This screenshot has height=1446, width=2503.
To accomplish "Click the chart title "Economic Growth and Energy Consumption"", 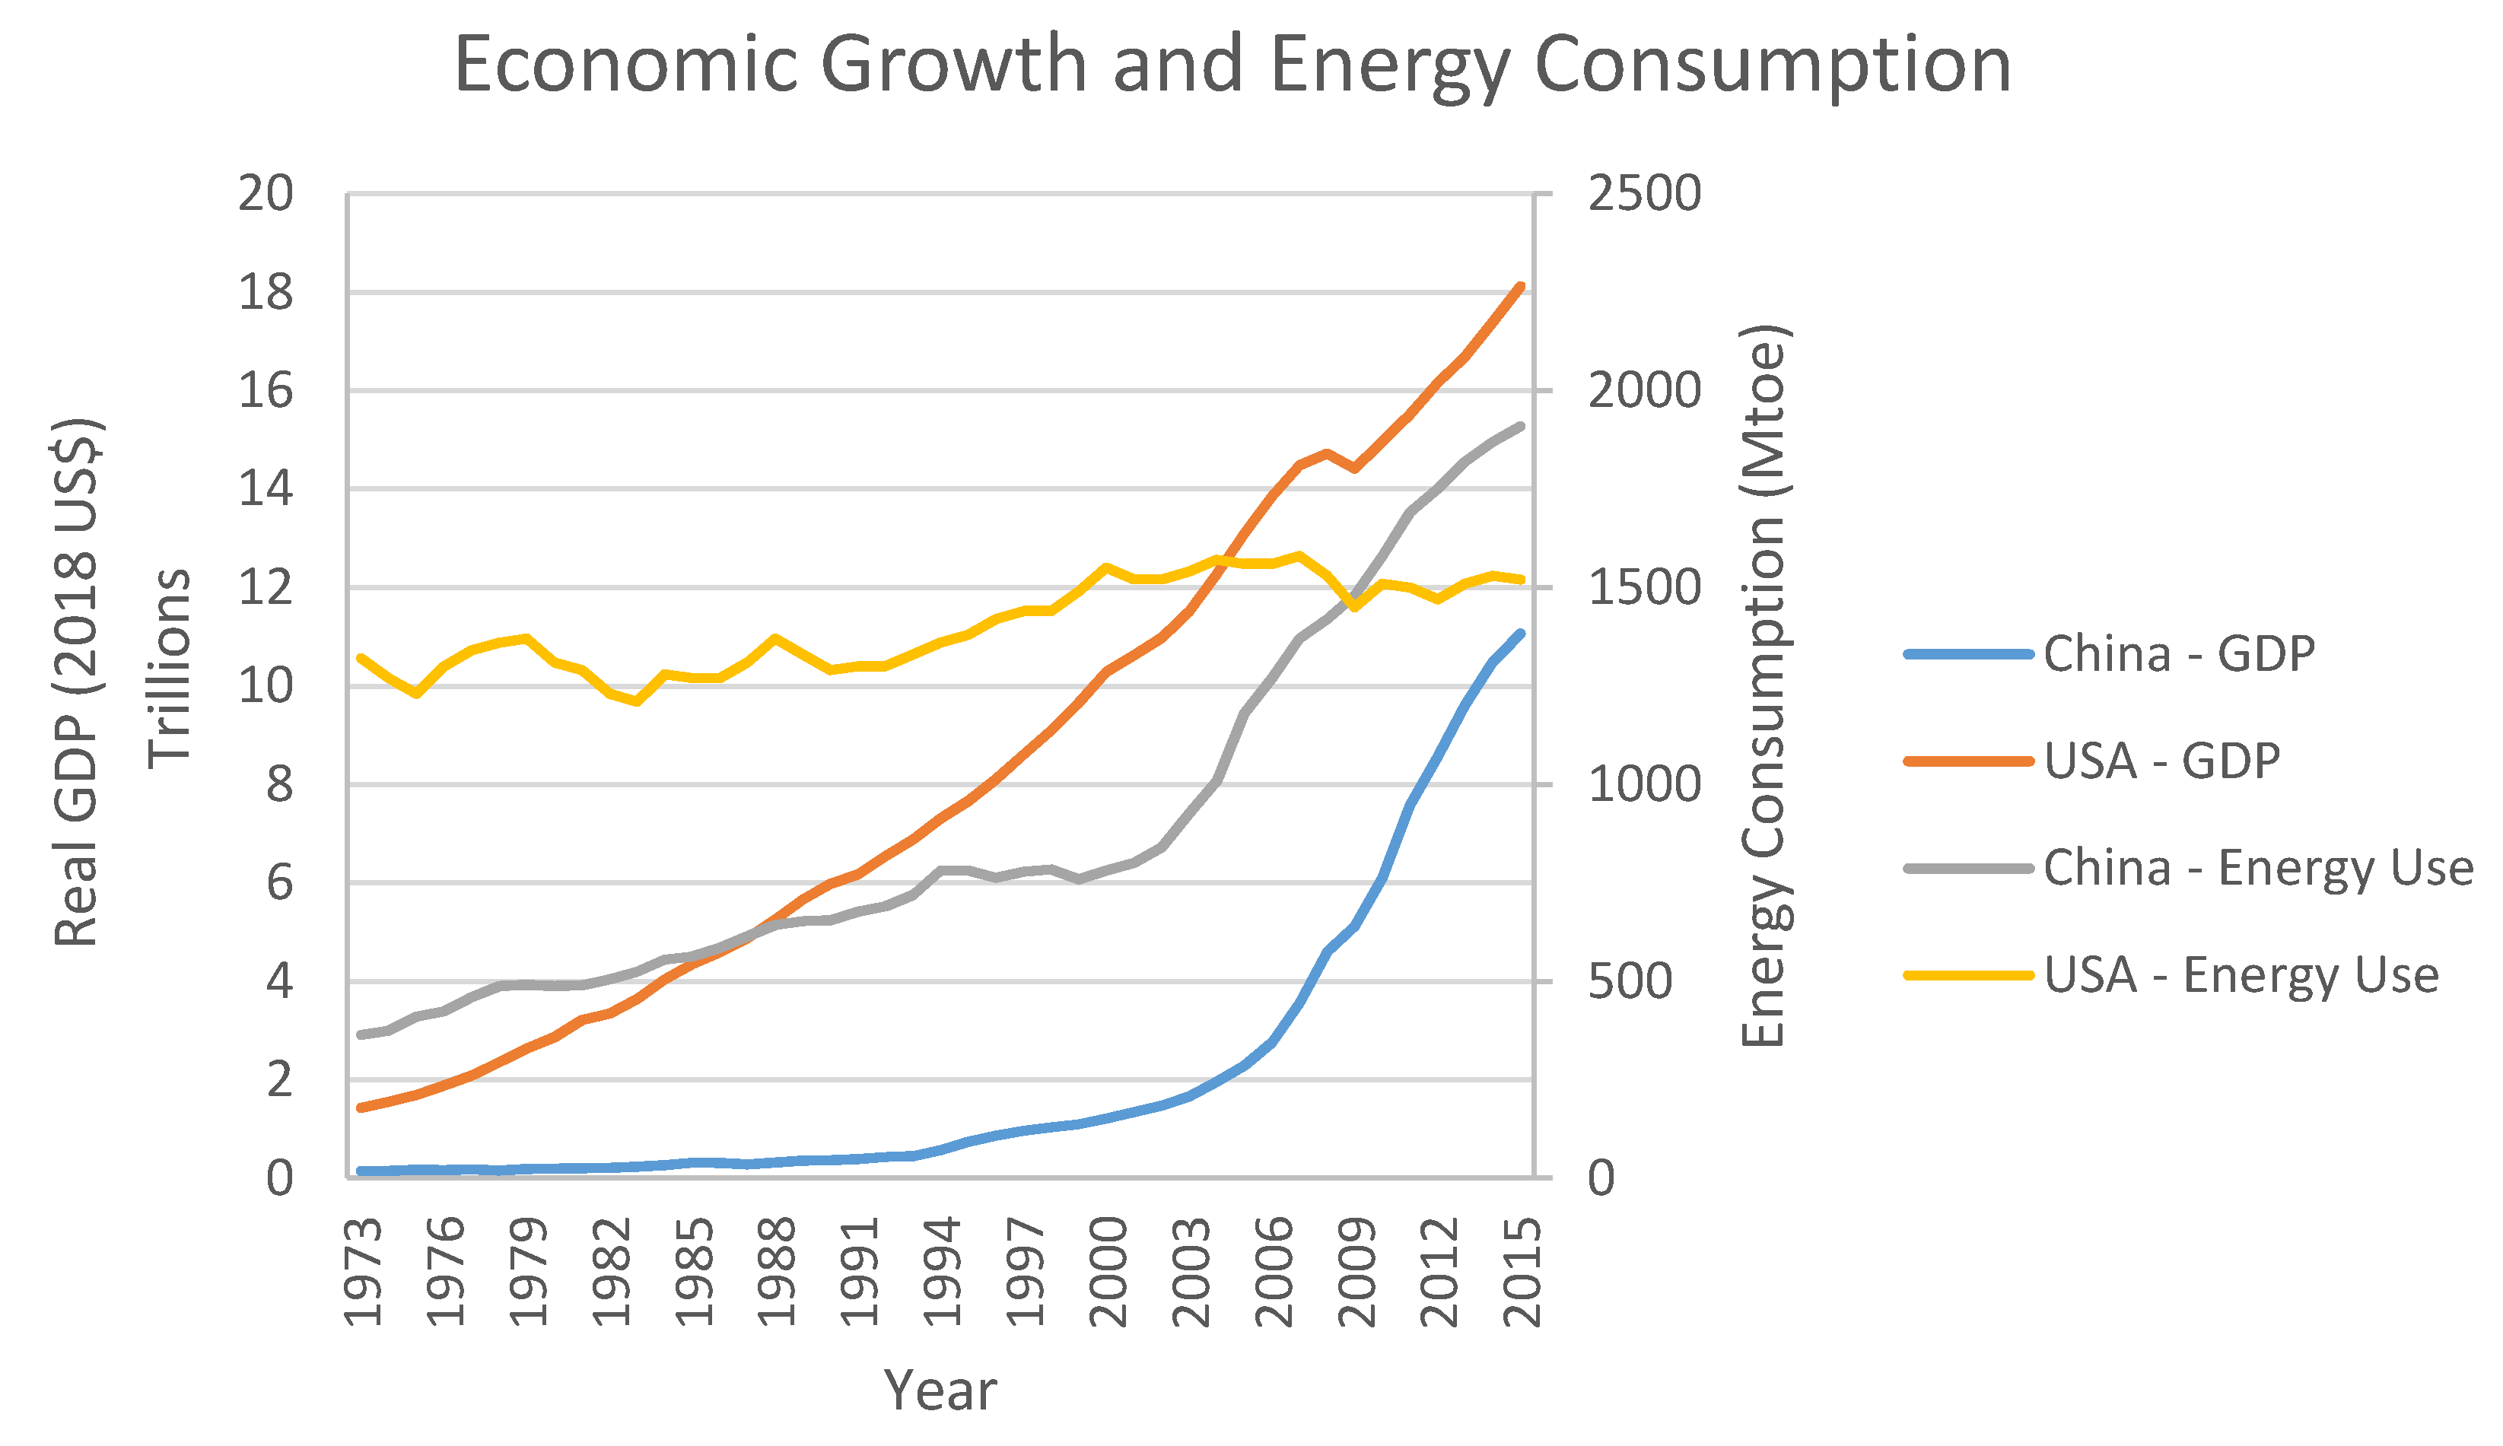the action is click(x=1232, y=65).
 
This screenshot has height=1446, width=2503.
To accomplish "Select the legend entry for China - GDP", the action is click(x=2110, y=654).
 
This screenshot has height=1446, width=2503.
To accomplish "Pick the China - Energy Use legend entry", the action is click(x=2189, y=869).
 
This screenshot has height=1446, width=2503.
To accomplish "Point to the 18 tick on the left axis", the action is click(x=266, y=293).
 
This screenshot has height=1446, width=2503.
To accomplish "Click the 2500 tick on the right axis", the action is click(x=1645, y=194).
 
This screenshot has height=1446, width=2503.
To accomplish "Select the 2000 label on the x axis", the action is click(x=1108, y=1271).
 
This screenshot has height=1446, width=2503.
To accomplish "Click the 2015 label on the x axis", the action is click(x=1522, y=1271).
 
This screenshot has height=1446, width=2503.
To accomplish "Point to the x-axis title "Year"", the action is click(x=940, y=1391).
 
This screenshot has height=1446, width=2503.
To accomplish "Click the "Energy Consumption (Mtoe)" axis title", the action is click(x=1765, y=685).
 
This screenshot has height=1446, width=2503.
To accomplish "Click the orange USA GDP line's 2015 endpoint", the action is click(x=1522, y=286).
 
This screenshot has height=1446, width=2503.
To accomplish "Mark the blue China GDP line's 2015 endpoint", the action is click(x=1522, y=633).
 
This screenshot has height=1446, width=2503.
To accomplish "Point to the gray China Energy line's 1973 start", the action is click(x=361, y=1034).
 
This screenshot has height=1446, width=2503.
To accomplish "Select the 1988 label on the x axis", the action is click(x=777, y=1271).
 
